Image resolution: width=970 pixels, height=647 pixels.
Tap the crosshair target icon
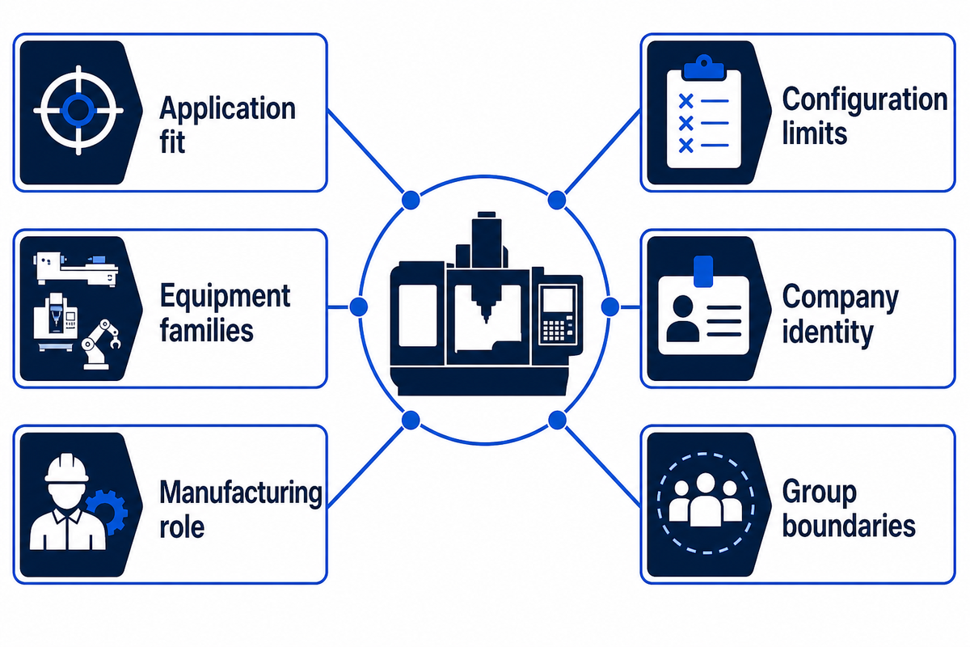pos(78,110)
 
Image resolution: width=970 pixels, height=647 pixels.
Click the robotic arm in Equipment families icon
pos(101,345)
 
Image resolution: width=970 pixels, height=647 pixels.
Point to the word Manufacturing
pos(241,493)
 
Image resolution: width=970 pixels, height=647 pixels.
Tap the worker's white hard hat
pos(66,468)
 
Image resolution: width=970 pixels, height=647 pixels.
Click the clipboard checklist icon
pos(704,112)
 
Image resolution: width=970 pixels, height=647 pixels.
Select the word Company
pos(841,298)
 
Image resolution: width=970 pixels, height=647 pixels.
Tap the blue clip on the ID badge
pos(703,271)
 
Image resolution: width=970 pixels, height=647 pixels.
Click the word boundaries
pos(849,526)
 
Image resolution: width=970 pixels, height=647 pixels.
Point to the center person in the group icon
pos(706,500)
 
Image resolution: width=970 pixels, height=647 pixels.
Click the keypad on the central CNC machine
pos(554,331)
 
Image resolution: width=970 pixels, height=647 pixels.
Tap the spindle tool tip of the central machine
pos(487,319)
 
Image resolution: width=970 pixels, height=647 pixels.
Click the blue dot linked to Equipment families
pos(359,307)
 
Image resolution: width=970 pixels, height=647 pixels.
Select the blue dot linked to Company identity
pos(610,307)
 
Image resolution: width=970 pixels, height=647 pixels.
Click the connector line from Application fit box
pos(366,151)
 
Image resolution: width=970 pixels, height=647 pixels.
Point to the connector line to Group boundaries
pos(603,467)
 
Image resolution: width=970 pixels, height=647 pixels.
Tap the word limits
pos(815,133)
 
